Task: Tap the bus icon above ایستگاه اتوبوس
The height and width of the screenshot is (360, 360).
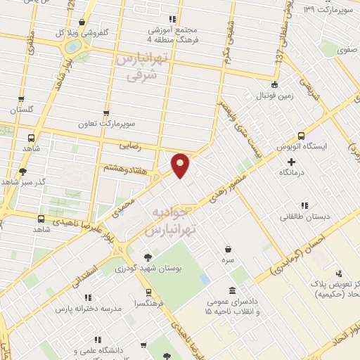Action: pyautogui.click(x=302, y=136)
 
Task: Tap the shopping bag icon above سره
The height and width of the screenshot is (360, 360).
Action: pyautogui.click(x=229, y=248)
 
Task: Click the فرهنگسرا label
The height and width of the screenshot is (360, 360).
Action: pyautogui.click(x=148, y=303)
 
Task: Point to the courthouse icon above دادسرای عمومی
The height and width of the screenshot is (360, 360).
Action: pyautogui.click(x=233, y=291)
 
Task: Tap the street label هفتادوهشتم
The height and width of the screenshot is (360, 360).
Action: pyautogui.click(x=124, y=169)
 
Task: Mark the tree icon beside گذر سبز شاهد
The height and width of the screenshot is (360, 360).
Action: pyautogui.click(x=23, y=170)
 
